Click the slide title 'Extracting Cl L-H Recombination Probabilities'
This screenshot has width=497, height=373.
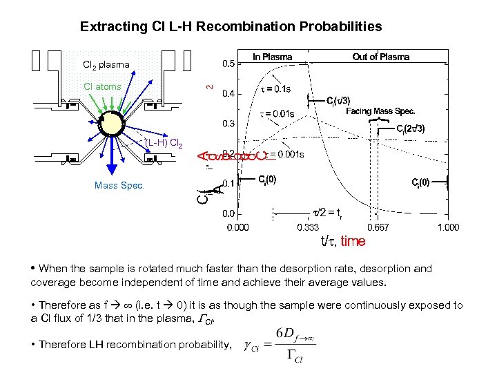(231, 27)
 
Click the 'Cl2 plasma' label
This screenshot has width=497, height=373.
(106, 65)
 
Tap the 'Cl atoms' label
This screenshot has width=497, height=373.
(102, 86)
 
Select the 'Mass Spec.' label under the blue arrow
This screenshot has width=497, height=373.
(119, 185)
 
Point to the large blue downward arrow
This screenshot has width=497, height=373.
(113, 159)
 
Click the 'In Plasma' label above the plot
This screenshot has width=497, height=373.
(272, 57)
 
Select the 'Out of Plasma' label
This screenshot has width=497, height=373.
(380, 57)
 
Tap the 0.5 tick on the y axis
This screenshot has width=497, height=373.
(227, 64)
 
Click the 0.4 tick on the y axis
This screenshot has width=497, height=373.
(227, 93)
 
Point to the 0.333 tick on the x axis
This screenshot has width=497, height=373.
(308, 227)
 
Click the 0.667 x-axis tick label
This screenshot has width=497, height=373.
(377, 227)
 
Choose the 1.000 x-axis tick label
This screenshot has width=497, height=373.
(448, 227)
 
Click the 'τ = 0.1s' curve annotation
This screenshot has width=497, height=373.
(275, 89)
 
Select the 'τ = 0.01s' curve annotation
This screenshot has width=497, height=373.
(276, 113)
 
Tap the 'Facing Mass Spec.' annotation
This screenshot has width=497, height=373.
(380, 111)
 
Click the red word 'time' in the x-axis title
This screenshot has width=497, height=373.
(353, 241)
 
